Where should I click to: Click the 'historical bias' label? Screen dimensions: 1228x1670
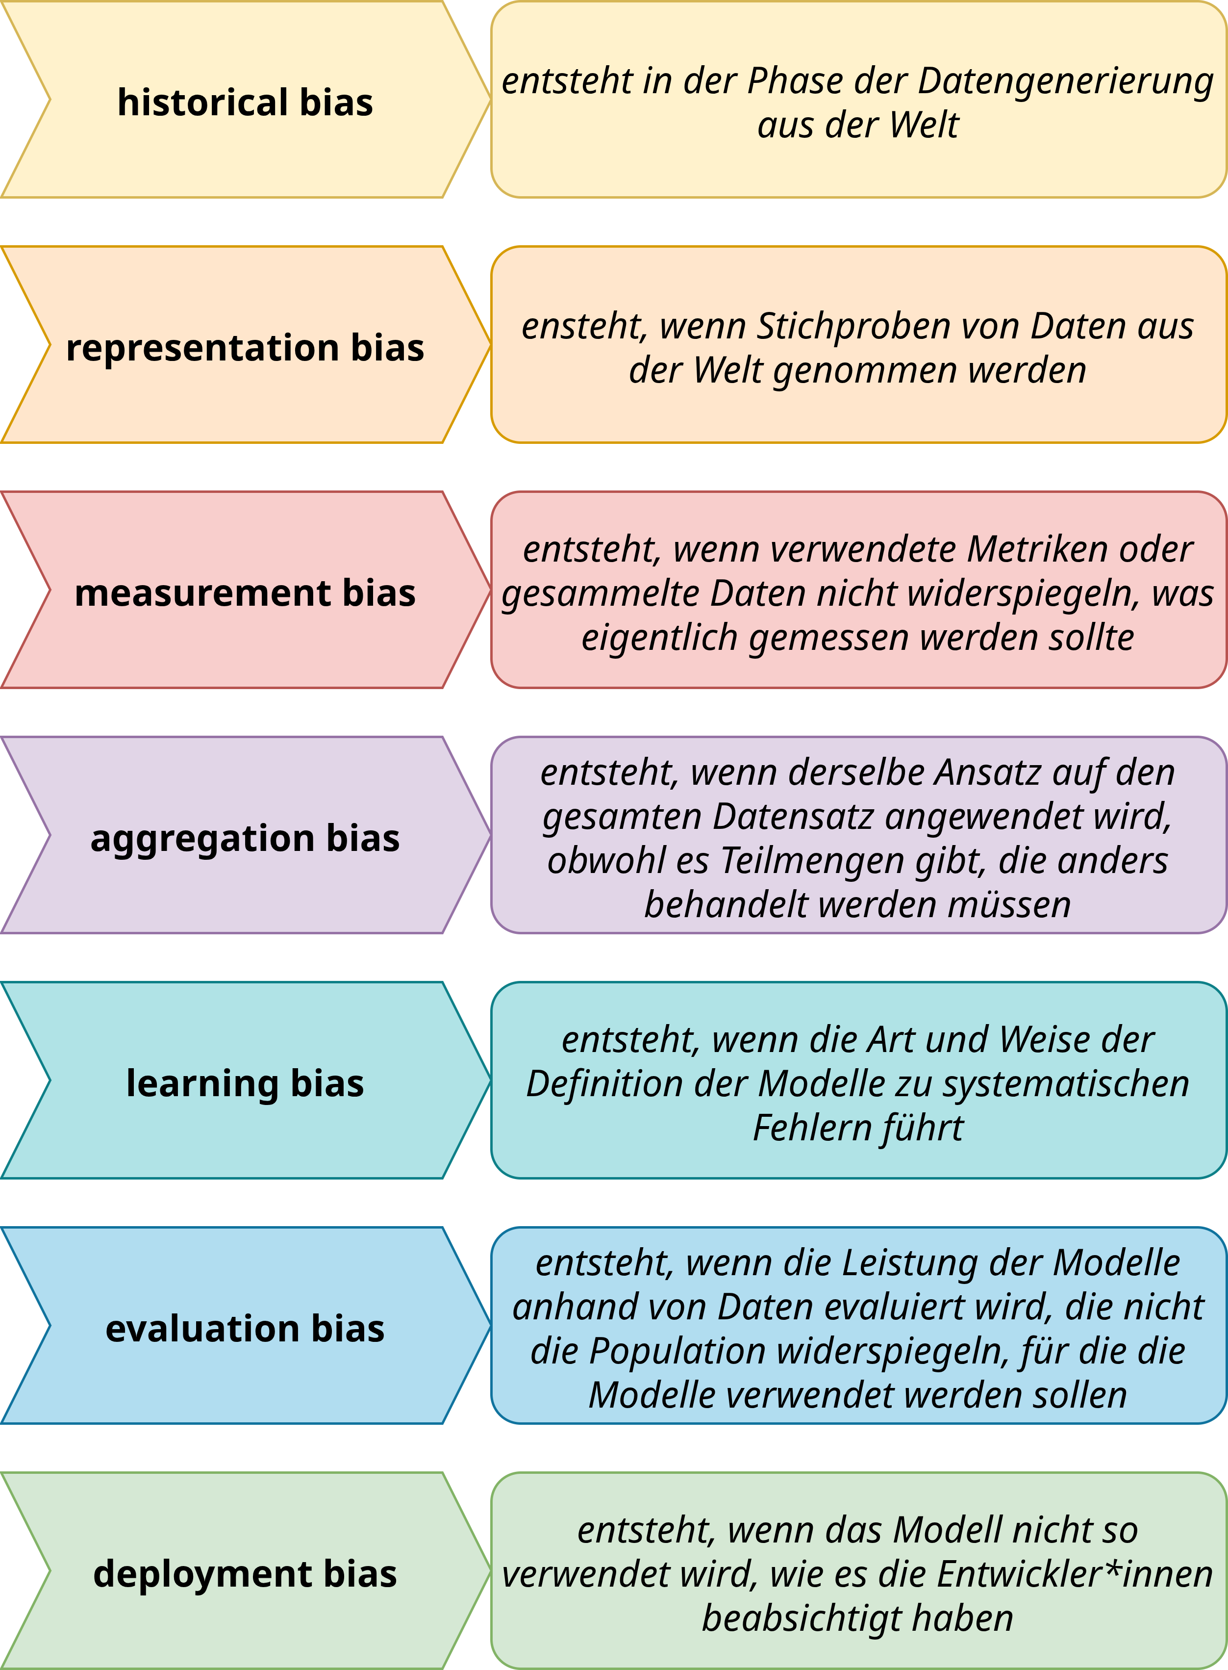245,102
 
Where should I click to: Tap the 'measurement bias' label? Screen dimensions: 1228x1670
245,592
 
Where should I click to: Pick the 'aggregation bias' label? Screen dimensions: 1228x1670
245,839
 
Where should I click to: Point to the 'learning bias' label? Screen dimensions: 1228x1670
245,1083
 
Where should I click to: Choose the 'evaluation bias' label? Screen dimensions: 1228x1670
245,1329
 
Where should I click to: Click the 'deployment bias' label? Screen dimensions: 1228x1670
245,1574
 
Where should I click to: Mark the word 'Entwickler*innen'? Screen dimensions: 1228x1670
1075,1574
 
